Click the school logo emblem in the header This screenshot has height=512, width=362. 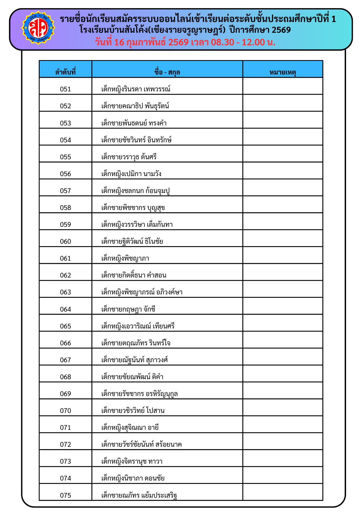tap(38, 28)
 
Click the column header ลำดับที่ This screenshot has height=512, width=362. tap(66, 72)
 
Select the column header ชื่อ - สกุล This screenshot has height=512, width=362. tap(167, 72)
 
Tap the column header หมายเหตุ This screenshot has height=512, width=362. tap(283, 72)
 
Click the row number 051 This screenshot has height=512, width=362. tap(66, 89)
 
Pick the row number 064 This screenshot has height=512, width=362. tap(66, 309)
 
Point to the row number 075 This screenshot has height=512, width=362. tap(66, 495)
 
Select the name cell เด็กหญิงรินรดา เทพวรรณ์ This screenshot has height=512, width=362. tap(136, 89)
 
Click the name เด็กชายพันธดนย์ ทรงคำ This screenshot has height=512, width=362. tap(134, 123)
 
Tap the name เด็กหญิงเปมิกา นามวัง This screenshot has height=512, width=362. tap(131, 174)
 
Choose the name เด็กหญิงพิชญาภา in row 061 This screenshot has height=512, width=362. tap(125, 258)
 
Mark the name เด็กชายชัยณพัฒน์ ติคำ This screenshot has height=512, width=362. tap(132, 377)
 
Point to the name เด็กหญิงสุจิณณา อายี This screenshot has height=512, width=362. tap(130, 428)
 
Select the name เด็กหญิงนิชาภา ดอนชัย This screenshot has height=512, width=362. tap(133, 478)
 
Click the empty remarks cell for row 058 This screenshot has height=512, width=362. tap(283, 205)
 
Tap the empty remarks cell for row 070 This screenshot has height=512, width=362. tap(283, 408)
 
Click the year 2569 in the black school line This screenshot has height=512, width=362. tap(281, 30)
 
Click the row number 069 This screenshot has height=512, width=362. tap(66, 394)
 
